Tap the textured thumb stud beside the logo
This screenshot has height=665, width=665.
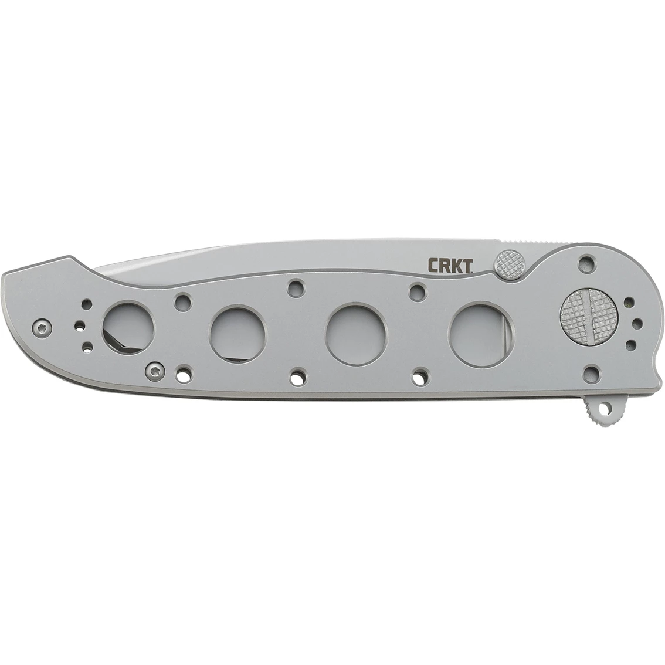click(506, 262)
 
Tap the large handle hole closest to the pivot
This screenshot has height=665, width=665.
click(475, 330)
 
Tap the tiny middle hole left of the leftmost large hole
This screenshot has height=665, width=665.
click(79, 324)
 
